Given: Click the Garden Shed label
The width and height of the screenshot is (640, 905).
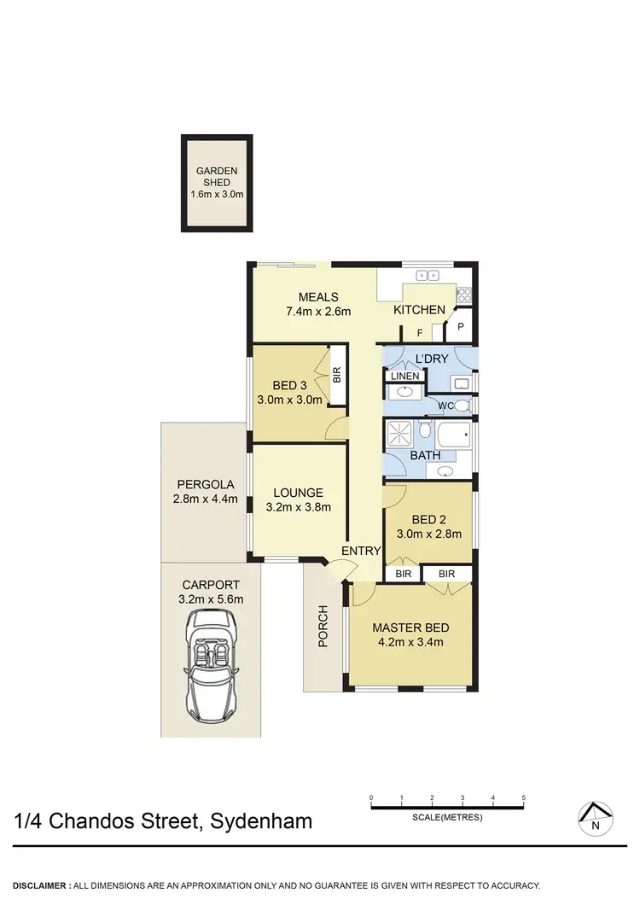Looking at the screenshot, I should click(217, 175).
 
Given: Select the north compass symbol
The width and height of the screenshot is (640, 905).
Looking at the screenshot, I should click(596, 818).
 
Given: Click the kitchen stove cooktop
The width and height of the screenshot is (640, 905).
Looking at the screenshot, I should click(465, 295).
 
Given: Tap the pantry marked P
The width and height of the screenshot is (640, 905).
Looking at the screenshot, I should click(461, 326).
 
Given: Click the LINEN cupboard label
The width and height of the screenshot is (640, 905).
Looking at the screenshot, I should click(404, 377).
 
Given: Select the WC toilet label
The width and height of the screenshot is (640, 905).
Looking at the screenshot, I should click(444, 405).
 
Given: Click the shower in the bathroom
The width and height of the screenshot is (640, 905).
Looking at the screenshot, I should click(400, 435).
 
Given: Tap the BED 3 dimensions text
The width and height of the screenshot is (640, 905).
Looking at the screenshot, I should click(291, 399).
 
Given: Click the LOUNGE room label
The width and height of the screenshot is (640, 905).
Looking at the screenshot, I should click(298, 493).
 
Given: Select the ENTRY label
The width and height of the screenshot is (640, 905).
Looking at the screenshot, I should click(361, 551).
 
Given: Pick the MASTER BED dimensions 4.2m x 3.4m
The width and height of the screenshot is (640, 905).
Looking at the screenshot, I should click(410, 643).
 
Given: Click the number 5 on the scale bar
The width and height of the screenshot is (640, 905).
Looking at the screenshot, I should click(523, 797).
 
